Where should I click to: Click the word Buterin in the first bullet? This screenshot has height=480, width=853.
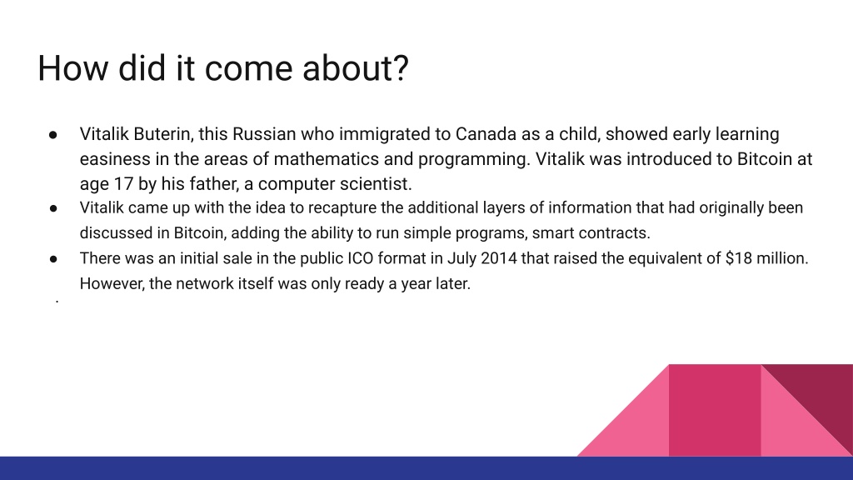(x=163, y=134)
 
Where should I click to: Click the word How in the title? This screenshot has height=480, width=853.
(x=73, y=68)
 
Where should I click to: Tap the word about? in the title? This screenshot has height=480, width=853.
(x=355, y=68)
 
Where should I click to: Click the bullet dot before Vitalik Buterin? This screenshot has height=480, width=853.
(x=53, y=134)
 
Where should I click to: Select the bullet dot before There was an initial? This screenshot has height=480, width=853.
(x=53, y=259)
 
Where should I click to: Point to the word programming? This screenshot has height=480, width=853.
(x=473, y=159)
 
